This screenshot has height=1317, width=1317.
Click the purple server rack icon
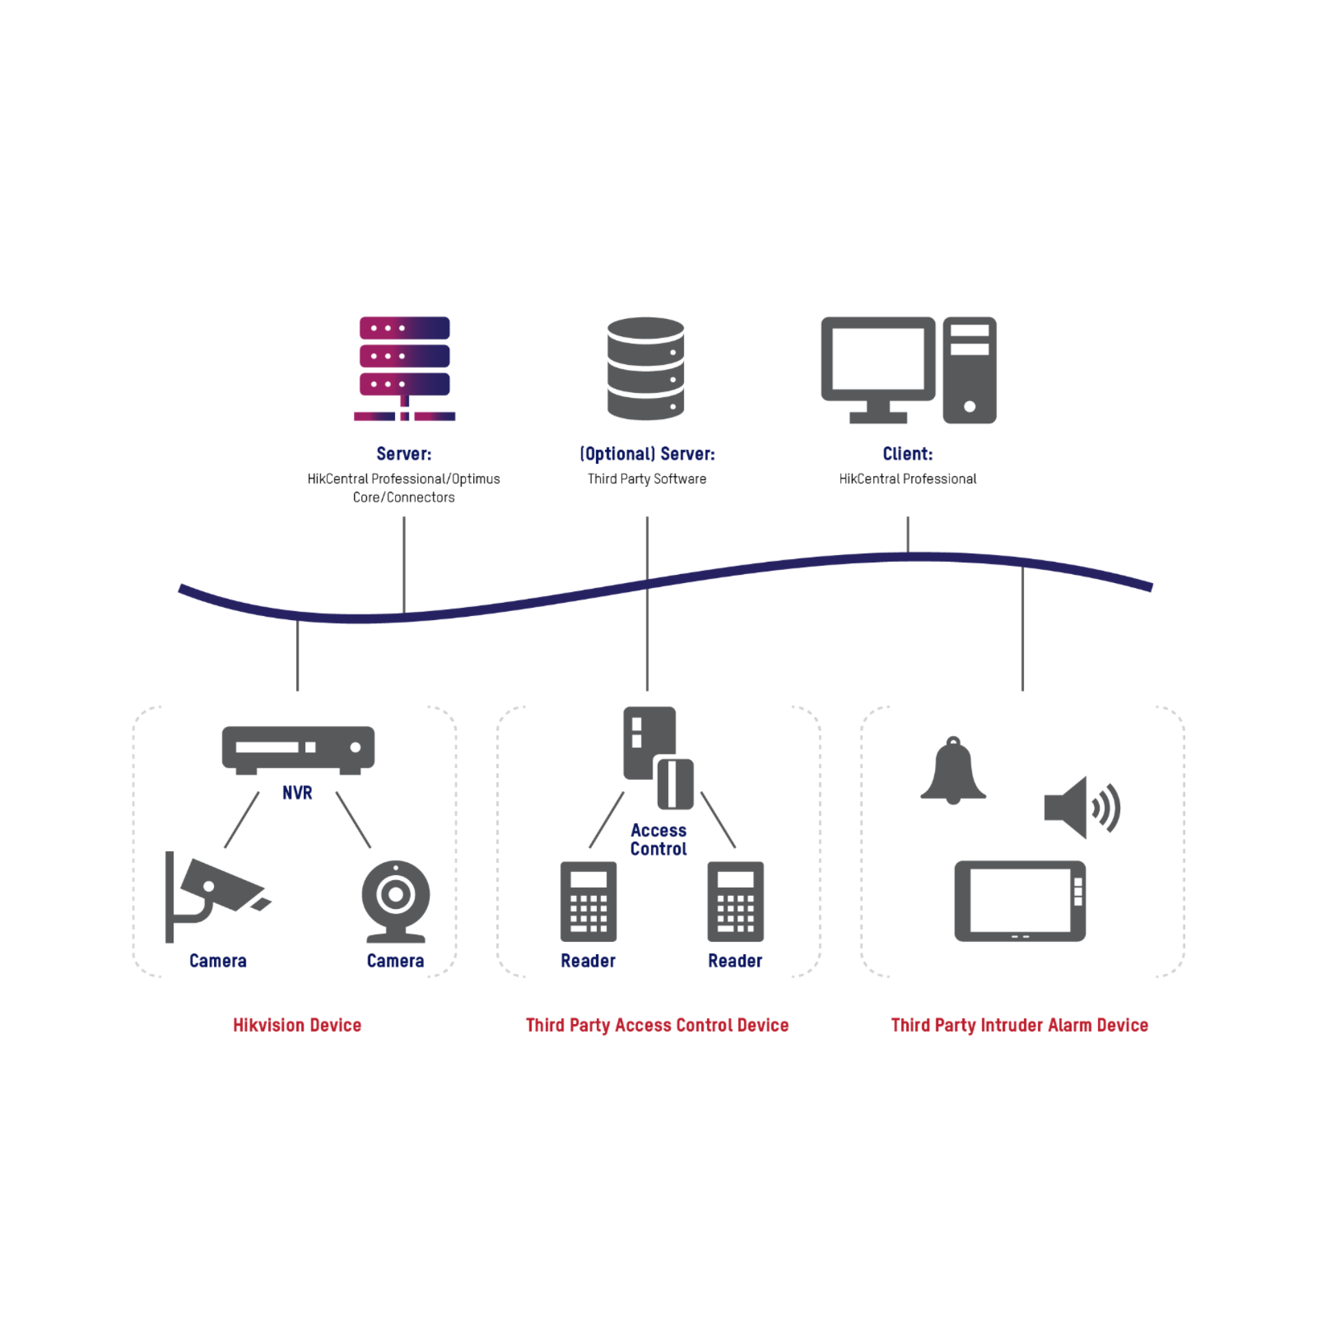(404, 368)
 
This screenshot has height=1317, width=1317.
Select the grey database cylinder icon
(645, 368)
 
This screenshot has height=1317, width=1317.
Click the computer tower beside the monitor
(969, 370)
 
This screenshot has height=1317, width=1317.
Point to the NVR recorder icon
(298, 749)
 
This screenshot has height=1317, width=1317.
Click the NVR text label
(297, 793)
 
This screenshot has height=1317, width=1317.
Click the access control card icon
(657, 756)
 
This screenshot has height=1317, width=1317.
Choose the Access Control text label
(658, 840)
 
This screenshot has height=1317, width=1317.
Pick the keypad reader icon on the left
(588, 901)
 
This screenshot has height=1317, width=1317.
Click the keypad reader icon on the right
(735, 901)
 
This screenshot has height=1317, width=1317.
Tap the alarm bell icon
(953, 771)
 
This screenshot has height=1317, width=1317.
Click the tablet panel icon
(1019, 900)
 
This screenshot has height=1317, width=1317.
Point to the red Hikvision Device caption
(297, 1025)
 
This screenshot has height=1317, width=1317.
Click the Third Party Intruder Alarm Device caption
(1019, 1025)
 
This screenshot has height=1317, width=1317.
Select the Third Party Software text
(647, 479)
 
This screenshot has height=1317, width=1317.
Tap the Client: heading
(907, 453)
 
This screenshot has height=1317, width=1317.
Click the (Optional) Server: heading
(647, 453)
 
